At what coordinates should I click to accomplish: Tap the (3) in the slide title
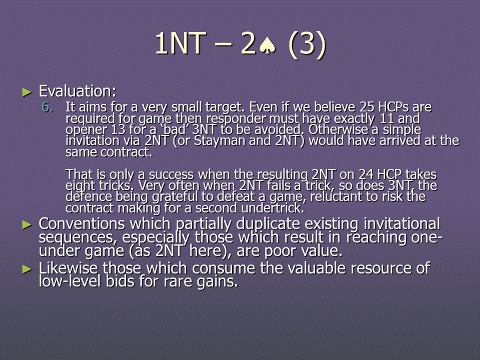point(307,45)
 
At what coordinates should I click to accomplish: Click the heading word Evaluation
point(77,91)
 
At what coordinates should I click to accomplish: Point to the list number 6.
point(47,107)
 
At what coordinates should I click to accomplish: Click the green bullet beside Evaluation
point(27,92)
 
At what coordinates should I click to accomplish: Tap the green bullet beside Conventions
point(27,225)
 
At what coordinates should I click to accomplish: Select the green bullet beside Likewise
point(27,269)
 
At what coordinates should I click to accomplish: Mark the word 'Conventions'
point(81,224)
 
